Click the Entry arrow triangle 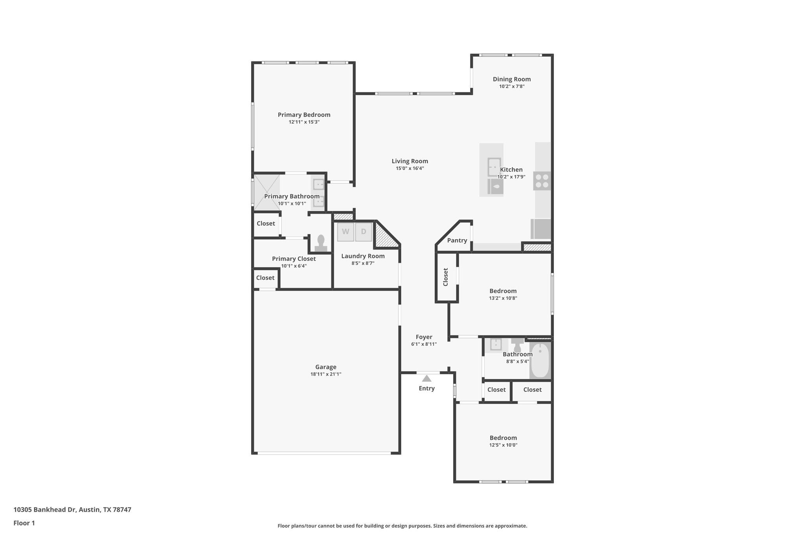pyautogui.click(x=426, y=378)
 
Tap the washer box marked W pyautogui.click(x=346, y=232)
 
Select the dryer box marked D pyautogui.click(x=364, y=232)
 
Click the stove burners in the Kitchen pyautogui.click(x=542, y=181)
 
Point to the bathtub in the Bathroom pyautogui.click(x=540, y=360)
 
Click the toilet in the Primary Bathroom pyautogui.click(x=321, y=243)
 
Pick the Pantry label pyautogui.click(x=457, y=240)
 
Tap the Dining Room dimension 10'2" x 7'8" pyautogui.click(x=512, y=86)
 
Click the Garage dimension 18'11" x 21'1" pyautogui.click(x=326, y=374)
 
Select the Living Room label pyautogui.click(x=410, y=161)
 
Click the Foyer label pyautogui.click(x=424, y=337)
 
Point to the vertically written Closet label pyautogui.click(x=446, y=277)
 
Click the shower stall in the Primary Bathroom pyautogui.click(x=266, y=192)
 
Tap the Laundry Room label pyautogui.click(x=363, y=256)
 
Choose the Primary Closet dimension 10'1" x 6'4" pyautogui.click(x=294, y=266)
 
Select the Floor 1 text pyautogui.click(x=24, y=523)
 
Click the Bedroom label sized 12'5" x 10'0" pyautogui.click(x=503, y=438)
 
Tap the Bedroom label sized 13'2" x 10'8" pyautogui.click(x=503, y=291)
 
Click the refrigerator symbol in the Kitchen pyautogui.click(x=541, y=229)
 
